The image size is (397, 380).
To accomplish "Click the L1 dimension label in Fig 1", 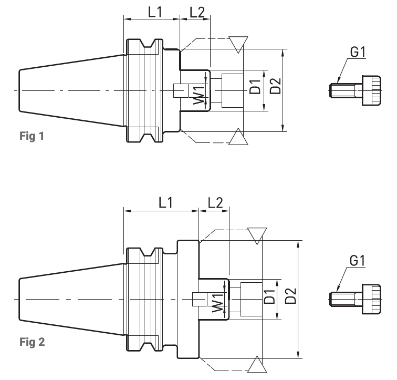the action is click(155, 12).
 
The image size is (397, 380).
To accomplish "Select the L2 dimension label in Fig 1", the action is click(197, 12).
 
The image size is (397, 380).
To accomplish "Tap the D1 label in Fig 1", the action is click(255, 87).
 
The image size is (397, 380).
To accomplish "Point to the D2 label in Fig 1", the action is click(275, 86).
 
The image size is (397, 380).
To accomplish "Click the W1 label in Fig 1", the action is click(199, 95).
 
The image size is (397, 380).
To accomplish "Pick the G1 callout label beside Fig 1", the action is click(358, 52).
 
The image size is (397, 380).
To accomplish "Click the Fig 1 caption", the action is click(32, 136).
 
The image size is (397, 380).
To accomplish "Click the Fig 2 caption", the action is click(32, 342).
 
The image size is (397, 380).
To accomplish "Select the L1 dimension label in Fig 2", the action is click(165, 203).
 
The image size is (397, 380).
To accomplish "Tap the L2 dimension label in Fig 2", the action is click(215, 203).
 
